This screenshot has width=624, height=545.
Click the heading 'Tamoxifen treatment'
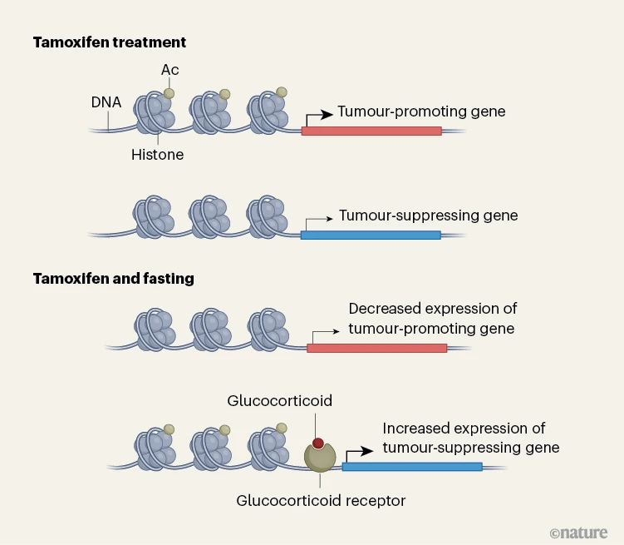click(110, 42)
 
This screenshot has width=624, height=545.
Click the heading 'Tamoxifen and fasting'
click(113, 279)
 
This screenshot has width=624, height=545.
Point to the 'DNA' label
click(106, 103)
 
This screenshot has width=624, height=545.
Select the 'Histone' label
click(157, 155)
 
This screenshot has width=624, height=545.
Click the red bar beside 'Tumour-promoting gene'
click(371, 131)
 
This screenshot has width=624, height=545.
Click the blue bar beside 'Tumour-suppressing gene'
click(370, 235)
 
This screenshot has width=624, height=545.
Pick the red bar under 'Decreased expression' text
click(376, 348)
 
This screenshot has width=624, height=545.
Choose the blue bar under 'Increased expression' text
click(412, 466)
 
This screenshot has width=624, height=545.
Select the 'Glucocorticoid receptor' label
click(321, 501)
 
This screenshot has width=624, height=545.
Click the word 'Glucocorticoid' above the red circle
click(280, 401)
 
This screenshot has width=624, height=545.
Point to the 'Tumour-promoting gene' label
click(421, 111)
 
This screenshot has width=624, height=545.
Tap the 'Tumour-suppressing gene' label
click(428, 216)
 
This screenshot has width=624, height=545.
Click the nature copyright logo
click(578, 532)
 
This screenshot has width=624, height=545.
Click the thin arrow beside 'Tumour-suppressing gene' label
click(317, 220)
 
